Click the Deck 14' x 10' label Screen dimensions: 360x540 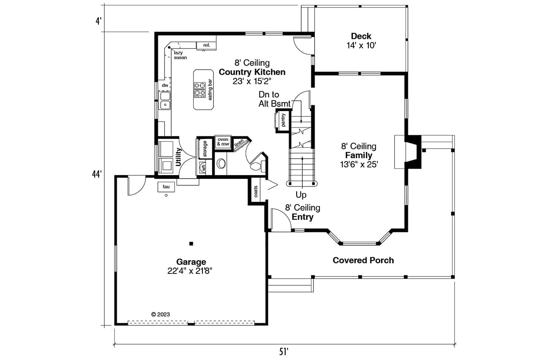pyautogui.click(x=361, y=41)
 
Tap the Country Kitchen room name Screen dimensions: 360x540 pyautogui.click(x=252, y=72)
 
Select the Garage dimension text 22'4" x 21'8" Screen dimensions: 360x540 pyautogui.click(x=189, y=271)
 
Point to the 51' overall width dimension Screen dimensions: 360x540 pyautogui.click(x=284, y=352)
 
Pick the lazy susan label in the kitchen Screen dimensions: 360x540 pyautogui.click(x=180, y=55)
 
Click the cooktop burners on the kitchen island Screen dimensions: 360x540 pyautogui.click(x=200, y=89)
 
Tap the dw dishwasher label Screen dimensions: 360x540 pyautogui.click(x=165, y=85)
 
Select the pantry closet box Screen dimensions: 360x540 pyautogui.click(x=283, y=120)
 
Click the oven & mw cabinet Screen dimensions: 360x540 pyautogui.click(x=223, y=141)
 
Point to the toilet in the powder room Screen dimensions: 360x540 pyautogui.click(x=257, y=166)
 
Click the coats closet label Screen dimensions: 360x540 pyautogui.click(x=256, y=192)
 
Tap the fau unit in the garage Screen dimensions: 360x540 pyautogui.click(x=166, y=187)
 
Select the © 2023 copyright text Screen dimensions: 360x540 pyautogui.click(x=160, y=314)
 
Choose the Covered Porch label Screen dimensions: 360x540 pyautogui.click(x=363, y=260)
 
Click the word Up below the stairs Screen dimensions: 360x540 pyautogui.click(x=301, y=195)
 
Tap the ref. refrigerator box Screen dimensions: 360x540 pyautogui.click(x=207, y=45)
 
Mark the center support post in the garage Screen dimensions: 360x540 pyautogui.click(x=191, y=244)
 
